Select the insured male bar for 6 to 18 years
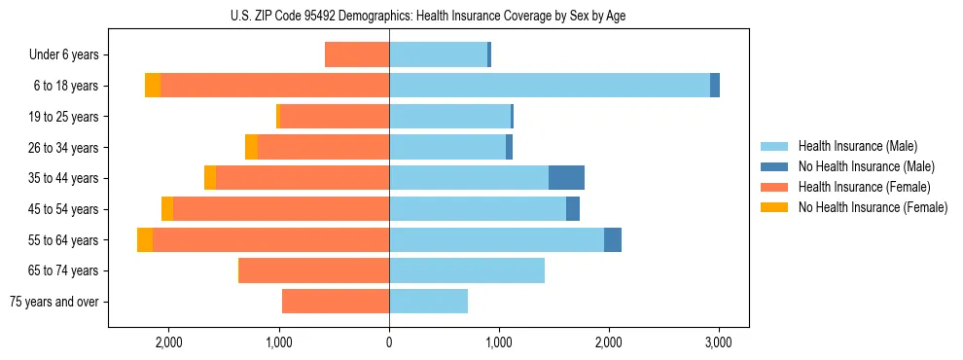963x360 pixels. coord(550,86)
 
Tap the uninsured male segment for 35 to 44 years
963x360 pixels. coord(566,178)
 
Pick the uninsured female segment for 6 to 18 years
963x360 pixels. coord(153,86)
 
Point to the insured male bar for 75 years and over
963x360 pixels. coord(428,302)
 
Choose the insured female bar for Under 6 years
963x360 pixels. coord(357,54)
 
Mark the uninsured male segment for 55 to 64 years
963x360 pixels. coord(613,239)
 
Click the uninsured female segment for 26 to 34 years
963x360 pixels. coord(251,147)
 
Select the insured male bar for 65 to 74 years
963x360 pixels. coord(467,270)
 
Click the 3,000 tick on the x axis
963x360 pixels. coord(718,342)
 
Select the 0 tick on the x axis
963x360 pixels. coord(389,342)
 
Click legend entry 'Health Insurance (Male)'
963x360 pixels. coord(857,146)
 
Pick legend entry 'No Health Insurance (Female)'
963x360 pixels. coord(873,207)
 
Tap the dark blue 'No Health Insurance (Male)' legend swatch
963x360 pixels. coord(774,166)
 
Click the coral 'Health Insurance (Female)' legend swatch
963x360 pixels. coord(774,187)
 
